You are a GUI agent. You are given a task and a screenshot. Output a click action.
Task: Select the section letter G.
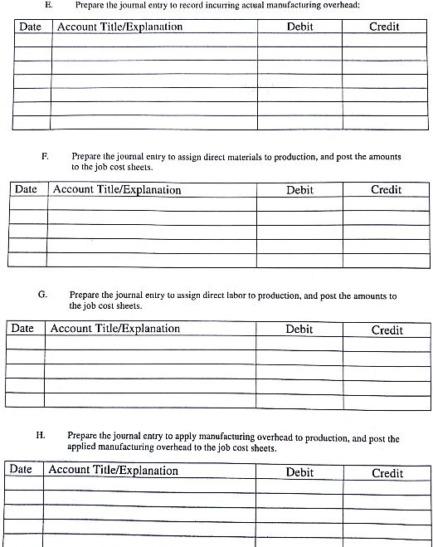click(x=42, y=295)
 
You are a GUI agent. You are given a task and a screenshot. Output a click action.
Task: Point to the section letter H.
click(x=40, y=435)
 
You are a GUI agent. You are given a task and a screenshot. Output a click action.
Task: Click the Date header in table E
click(x=30, y=27)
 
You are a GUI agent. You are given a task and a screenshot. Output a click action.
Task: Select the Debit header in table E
click(x=299, y=27)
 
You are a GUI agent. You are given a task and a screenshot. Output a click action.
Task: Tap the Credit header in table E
click(x=384, y=27)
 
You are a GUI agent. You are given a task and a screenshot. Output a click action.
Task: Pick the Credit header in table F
click(x=386, y=189)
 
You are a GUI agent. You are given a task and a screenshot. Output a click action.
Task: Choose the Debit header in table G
click(x=299, y=329)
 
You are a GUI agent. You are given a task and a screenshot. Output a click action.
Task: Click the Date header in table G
click(x=22, y=328)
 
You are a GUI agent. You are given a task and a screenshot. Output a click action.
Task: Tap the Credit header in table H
click(x=387, y=472)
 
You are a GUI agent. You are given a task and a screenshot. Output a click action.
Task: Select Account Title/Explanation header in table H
click(x=114, y=470)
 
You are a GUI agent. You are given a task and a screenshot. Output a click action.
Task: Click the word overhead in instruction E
click(x=341, y=5)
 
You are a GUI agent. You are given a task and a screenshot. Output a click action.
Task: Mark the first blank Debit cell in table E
click(x=299, y=40)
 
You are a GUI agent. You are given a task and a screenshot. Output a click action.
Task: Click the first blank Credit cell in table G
click(x=387, y=344)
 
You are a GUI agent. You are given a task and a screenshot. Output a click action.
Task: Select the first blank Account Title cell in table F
click(x=151, y=203)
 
